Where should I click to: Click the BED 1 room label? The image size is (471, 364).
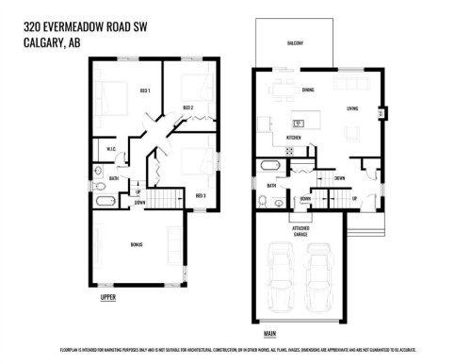(145, 91)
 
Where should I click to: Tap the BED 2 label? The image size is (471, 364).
(187, 108)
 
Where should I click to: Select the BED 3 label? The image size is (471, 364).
(200, 195)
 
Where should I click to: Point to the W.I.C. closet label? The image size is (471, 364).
(110, 147)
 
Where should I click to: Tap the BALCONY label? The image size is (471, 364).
(295, 43)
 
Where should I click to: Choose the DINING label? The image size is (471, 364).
(308, 91)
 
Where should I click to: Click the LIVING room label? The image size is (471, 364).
(352, 109)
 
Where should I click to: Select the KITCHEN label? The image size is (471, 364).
(293, 138)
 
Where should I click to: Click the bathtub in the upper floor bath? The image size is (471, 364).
(106, 201)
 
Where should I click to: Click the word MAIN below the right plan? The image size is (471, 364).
(269, 333)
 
